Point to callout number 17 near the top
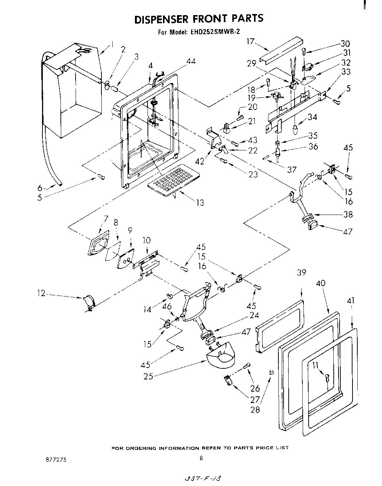pyautogui.click(x=251, y=41)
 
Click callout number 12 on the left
pyautogui.click(x=41, y=294)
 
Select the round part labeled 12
pyautogui.click(x=89, y=301)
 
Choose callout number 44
pyautogui.click(x=190, y=62)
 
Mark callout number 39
pyautogui.click(x=302, y=272)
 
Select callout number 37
pyautogui.click(x=291, y=169)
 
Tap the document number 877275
pyautogui.click(x=56, y=460)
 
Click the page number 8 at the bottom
pyautogui.click(x=201, y=459)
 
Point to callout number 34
pyautogui.click(x=312, y=117)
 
